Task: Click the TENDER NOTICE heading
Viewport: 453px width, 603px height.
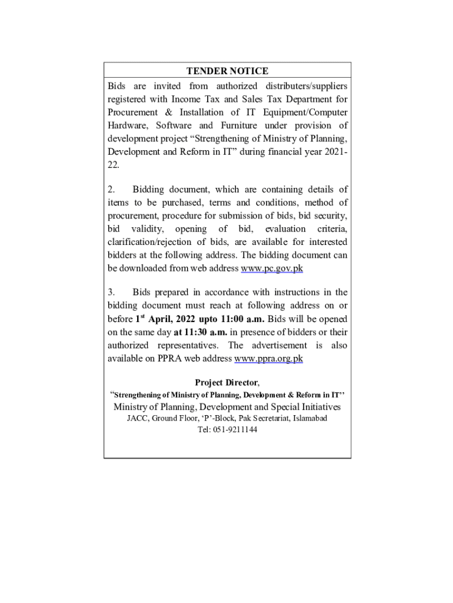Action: [x=227, y=71]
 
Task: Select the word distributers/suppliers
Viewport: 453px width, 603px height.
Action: [x=305, y=86]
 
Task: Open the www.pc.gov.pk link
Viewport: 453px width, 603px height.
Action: [x=272, y=269]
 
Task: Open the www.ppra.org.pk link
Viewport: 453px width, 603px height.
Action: [x=268, y=359]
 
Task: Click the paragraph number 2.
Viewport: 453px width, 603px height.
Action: [x=111, y=190]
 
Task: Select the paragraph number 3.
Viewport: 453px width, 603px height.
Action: [x=111, y=293]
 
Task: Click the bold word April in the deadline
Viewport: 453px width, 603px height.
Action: [x=161, y=319]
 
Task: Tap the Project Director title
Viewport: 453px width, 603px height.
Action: [x=226, y=383]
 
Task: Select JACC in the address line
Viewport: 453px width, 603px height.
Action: [x=138, y=418]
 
